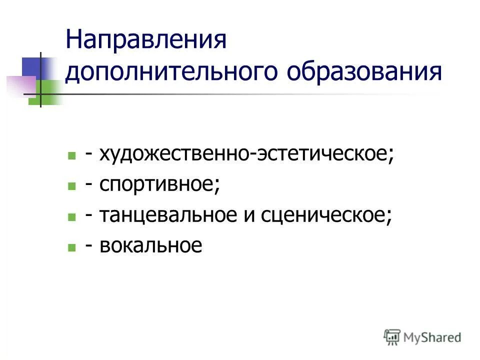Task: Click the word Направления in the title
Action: pos(146,40)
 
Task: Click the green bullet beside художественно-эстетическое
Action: pos(72,155)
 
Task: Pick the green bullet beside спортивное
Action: pos(72,186)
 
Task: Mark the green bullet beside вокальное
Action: pos(72,247)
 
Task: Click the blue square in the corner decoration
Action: pos(35,67)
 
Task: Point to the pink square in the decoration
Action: pos(20,85)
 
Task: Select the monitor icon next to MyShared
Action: pos(392,337)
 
